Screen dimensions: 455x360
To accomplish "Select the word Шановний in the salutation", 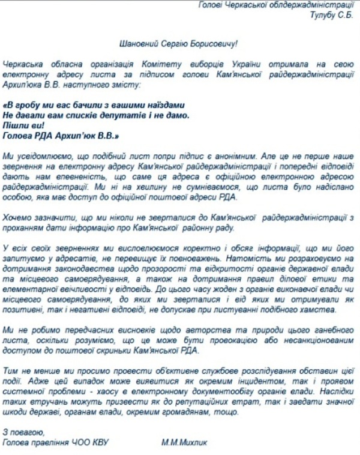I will pos(139,43).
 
